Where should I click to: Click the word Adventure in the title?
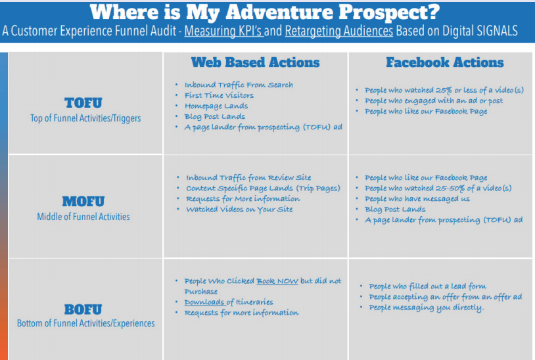click(279, 12)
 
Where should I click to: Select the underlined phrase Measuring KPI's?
click(224, 31)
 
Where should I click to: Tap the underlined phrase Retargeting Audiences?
click(338, 31)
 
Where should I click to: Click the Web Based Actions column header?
click(255, 62)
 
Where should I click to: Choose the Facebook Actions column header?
click(444, 62)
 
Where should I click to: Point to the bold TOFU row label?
click(83, 102)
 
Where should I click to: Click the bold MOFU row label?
click(83, 201)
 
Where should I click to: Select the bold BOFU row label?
click(83, 309)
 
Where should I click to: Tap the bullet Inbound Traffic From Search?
click(239, 85)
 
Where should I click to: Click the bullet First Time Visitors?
click(219, 95)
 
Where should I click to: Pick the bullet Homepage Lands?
click(216, 106)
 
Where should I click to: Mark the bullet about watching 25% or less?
click(444, 90)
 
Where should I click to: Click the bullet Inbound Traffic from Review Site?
click(248, 177)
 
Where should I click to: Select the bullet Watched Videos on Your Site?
click(239, 210)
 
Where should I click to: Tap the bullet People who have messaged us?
click(417, 199)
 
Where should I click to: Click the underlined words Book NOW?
click(277, 281)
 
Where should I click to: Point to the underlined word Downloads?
click(204, 302)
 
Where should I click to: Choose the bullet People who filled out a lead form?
click(427, 286)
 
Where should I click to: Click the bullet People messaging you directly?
click(426, 307)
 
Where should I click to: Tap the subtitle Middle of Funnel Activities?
click(83, 217)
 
